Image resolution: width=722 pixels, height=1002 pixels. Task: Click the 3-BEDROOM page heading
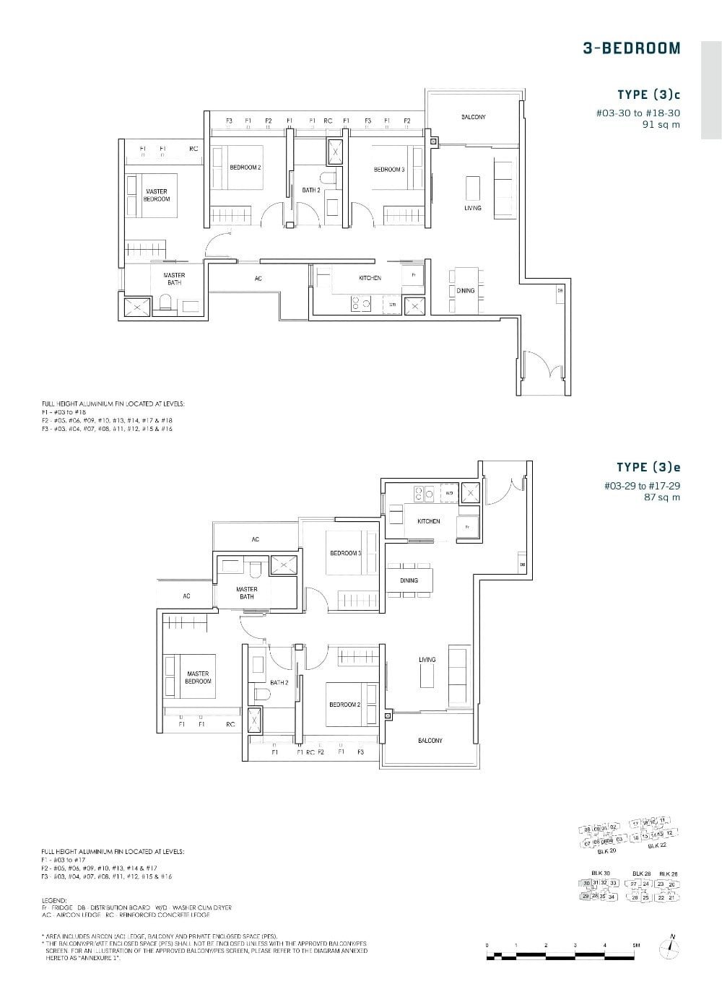(x=631, y=48)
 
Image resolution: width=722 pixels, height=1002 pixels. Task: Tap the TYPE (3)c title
(x=648, y=95)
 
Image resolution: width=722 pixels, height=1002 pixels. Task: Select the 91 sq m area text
(x=661, y=124)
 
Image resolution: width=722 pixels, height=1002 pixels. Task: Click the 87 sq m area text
(x=662, y=497)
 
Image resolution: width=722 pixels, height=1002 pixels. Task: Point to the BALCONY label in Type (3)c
(x=473, y=117)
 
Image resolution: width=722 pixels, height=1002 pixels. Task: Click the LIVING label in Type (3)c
(x=472, y=208)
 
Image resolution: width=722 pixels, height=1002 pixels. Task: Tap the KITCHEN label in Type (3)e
(x=428, y=521)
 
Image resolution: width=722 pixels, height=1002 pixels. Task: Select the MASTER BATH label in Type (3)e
(x=246, y=593)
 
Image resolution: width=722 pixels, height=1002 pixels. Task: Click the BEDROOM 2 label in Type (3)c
(x=245, y=167)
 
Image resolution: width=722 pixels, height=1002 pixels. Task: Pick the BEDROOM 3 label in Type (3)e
(x=345, y=553)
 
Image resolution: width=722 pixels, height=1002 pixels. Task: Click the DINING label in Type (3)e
(x=409, y=580)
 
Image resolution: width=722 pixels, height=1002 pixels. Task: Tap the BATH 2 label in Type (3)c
(x=311, y=190)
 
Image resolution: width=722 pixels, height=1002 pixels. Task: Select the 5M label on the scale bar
(x=636, y=945)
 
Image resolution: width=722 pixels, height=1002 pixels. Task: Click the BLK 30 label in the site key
(x=601, y=873)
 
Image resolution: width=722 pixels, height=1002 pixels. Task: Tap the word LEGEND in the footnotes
(x=53, y=900)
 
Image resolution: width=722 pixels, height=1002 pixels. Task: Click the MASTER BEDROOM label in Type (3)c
(x=157, y=195)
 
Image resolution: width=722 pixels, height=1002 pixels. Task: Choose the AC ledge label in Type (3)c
(x=258, y=279)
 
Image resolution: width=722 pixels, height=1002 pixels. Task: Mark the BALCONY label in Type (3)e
(x=430, y=741)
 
